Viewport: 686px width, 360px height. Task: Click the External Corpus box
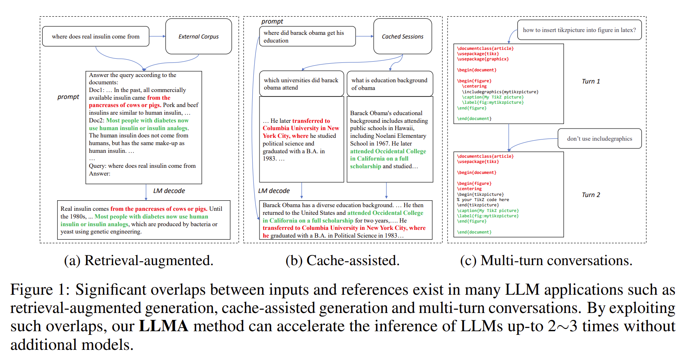(x=198, y=36)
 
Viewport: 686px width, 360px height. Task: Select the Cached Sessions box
(x=402, y=36)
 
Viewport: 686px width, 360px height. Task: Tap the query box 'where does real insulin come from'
(x=96, y=36)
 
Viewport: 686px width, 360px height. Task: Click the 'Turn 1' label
(x=591, y=81)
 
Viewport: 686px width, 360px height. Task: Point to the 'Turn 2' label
(x=591, y=195)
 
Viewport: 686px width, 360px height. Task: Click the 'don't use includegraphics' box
(x=599, y=139)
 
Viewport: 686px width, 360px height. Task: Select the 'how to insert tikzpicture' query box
(x=579, y=30)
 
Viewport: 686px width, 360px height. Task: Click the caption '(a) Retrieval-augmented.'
(x=139, y=261)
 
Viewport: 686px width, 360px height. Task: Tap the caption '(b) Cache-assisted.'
(x=342, y=261)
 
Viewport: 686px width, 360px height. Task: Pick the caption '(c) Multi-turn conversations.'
(x=546, y=261)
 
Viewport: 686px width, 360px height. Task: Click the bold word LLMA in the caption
(x=163, y=326)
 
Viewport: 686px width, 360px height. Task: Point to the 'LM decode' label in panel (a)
(x=169, y=191)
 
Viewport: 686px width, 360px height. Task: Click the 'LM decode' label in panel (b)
(x=274, y=191)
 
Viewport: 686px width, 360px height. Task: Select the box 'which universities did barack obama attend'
(x=301, y=84)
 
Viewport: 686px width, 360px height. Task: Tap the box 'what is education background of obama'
(x=390, y=84)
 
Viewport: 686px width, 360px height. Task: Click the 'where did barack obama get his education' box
(x=307, y=36)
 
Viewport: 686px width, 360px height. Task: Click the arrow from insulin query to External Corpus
(x=157, y=36)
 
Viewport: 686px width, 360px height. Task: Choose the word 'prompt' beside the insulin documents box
(x=68, y=97)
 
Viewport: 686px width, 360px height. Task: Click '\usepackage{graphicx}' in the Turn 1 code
(x=483, y=59)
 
